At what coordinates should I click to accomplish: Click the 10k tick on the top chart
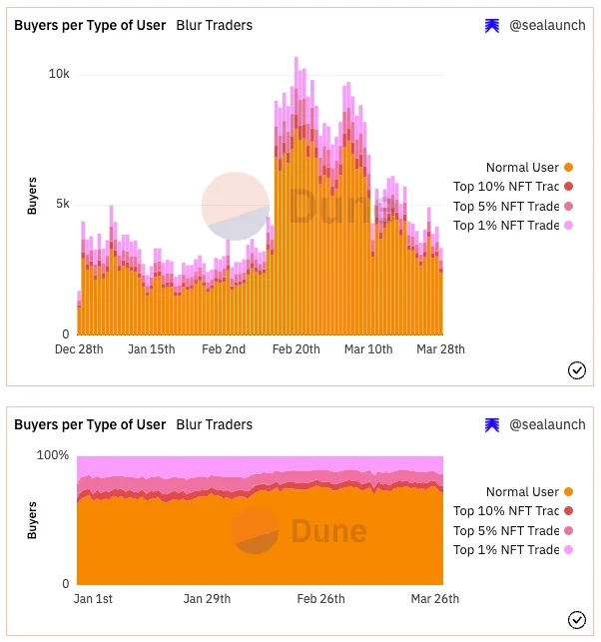[x=59, y=75]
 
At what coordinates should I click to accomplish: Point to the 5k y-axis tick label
[x=62, y=204]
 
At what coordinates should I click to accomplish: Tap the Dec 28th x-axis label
[x=78, y=349]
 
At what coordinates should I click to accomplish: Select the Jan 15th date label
[x=151, y=349]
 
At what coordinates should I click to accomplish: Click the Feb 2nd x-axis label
[x=224, y=349]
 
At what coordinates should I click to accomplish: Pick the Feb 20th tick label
[x=296, y=349]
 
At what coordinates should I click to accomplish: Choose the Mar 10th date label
[x=368, y=349]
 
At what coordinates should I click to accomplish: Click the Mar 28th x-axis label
[x=440, y=349]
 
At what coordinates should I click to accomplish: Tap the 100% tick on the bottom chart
[x=53, y=455]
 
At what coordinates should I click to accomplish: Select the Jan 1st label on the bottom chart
[x=94, y=599]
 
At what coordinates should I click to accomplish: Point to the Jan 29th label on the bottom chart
[x=207, y=599]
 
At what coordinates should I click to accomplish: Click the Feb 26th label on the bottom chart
[x=320, y=599]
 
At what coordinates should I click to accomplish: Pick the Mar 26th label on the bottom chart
[x=434, y=599]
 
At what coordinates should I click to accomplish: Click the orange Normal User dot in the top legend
[x=568, y=168]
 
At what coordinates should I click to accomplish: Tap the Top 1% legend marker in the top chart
[x=568, y=226]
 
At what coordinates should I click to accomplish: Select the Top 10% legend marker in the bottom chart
[x=568, y=511]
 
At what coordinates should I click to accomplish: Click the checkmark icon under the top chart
[x=576, y=370]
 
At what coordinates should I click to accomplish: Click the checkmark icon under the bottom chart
[x=576, y=620]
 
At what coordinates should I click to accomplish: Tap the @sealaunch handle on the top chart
[x=547, y=26]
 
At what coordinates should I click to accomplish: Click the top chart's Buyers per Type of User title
[x=90, y=25]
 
